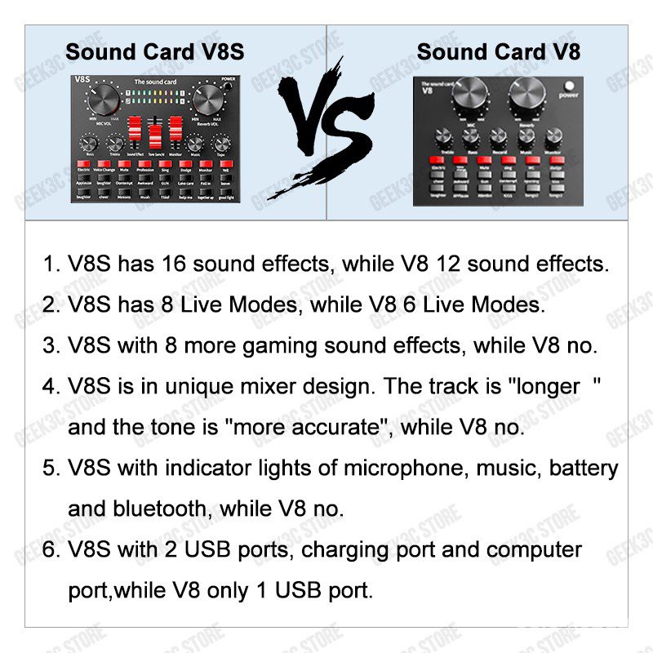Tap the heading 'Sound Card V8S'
tap(154, 51)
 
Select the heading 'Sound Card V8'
tap(498, 51)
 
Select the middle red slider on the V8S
tap(156, 131)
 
